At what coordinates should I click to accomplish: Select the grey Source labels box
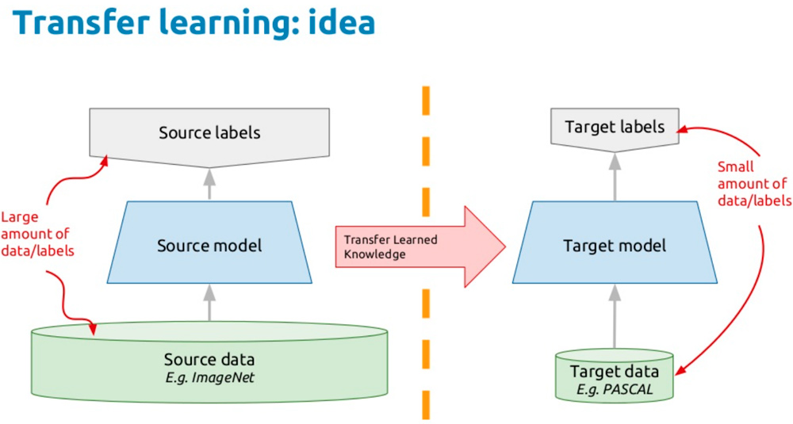tap(209, 132)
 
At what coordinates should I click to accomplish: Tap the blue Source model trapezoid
tap(209, 245)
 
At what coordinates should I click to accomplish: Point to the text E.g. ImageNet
tap(209, 377)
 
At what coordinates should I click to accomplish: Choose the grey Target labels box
tap(615, 127)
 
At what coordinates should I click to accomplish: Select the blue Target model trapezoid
tap(615, 245)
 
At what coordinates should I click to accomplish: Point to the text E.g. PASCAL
tap(615, 388)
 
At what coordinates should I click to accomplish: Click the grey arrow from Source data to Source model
tap(209, 303)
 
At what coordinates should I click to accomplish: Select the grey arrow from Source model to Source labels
tap(209, 184)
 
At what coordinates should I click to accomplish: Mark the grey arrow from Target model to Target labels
tap(615, 176)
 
